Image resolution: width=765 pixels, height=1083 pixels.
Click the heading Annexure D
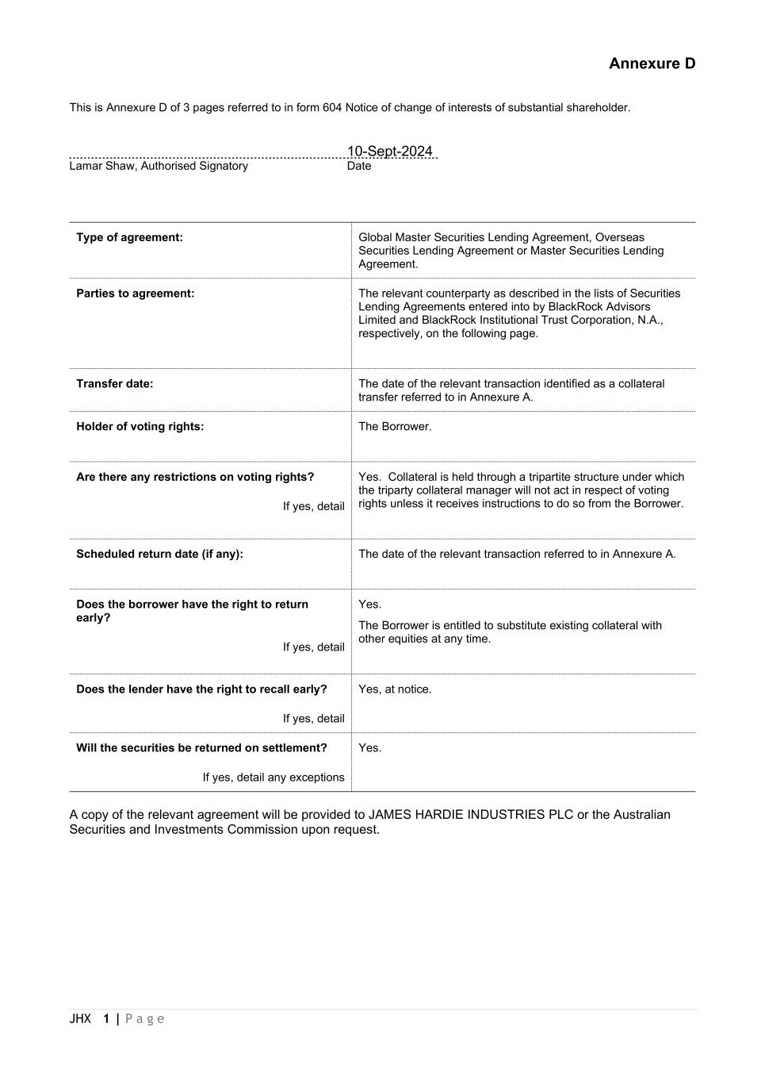coord(652,63)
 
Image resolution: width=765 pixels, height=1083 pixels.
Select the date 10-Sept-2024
coord(390,152)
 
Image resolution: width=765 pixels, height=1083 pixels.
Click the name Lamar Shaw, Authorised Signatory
coord(159,166)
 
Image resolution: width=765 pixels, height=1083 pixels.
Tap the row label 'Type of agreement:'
coord(129,237)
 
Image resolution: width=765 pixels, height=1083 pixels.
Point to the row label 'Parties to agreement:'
coord(135,294)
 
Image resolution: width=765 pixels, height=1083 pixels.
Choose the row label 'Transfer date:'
coord(115,384)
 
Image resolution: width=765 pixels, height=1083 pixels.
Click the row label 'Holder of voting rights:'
coord(140,427)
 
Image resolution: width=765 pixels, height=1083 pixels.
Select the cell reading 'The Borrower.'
coord(395,427)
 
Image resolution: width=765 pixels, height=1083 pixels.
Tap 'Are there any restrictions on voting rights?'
coord(195,477)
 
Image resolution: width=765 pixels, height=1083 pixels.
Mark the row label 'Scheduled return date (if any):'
coord(159,554)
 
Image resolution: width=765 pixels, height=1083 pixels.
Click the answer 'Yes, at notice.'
coord(395,689)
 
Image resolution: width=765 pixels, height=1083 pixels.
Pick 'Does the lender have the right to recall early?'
coord(201,689)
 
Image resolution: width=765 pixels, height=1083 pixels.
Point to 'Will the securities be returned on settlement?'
coord(201,748)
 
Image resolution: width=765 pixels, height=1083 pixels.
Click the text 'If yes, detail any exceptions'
coord(273,778)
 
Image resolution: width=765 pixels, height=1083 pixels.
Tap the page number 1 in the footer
coord(106,1019)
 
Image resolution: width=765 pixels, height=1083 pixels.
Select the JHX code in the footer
coord(80,1019)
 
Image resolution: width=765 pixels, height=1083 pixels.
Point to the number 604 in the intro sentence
coord(332,108)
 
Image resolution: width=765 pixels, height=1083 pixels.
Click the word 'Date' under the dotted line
coord(359,166)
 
